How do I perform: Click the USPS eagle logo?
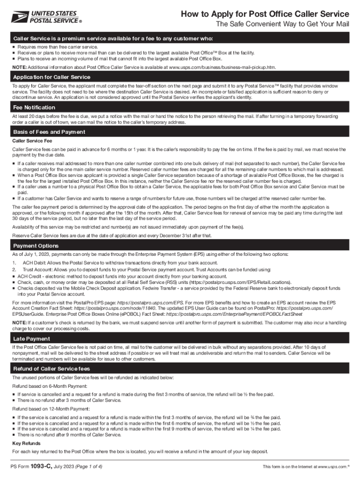(x=19, y=17)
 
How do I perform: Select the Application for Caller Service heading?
(x=51, y=77)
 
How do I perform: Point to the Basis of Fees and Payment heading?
(x=49, y=132)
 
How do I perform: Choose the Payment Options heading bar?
(x=36, y=246)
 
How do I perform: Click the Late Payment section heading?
(x=31, y=338)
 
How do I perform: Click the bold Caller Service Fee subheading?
(x=32, y=141)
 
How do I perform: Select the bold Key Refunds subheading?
(x=26, y=443)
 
